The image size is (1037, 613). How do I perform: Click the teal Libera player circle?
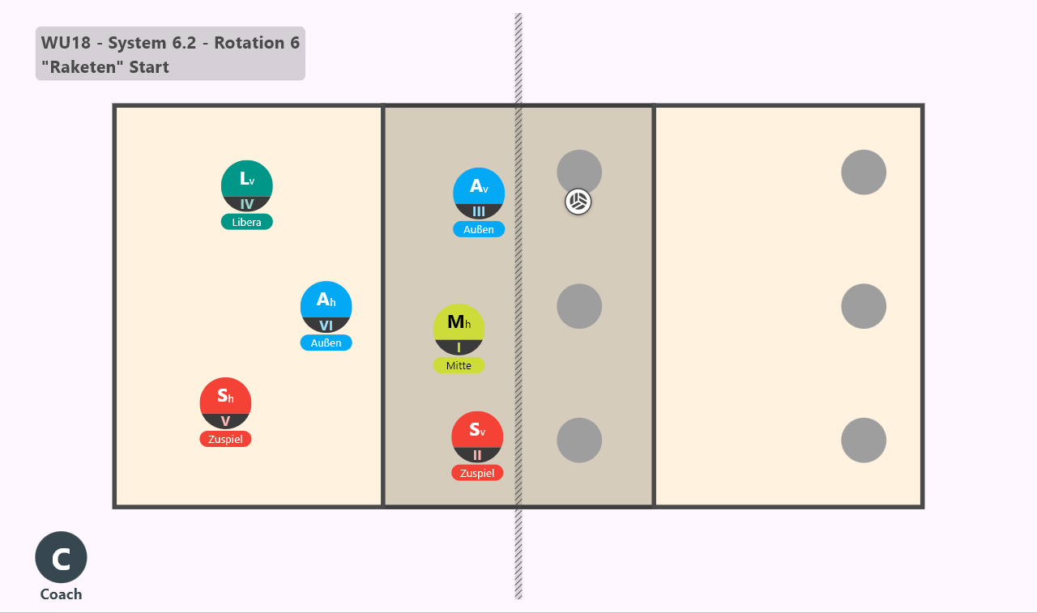point(247,186)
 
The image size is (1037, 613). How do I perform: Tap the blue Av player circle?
point(479,194)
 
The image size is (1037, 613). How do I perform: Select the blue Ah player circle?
point(326,307)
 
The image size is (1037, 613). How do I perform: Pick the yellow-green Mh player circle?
point(459,330)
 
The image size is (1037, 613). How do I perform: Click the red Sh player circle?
point(225,403)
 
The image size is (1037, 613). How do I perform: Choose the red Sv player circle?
point(477,436)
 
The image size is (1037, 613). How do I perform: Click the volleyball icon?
point(578,202)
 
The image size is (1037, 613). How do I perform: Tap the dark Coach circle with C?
point(61,557)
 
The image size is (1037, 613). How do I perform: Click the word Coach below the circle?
point(61,594)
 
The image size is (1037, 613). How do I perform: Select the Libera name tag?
point(247,222)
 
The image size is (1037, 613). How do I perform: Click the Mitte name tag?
point(459,365)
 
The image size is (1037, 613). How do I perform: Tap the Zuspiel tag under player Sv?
point(477,473)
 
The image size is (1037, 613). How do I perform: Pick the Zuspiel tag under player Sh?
point(225,439)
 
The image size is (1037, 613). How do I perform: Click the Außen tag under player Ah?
point(326,343)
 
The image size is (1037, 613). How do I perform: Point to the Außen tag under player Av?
point(479,229)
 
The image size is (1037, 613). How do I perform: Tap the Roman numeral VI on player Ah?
point(326,326)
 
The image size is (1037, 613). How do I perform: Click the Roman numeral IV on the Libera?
point(247,204)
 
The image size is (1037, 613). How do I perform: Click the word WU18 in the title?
point(66,43)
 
